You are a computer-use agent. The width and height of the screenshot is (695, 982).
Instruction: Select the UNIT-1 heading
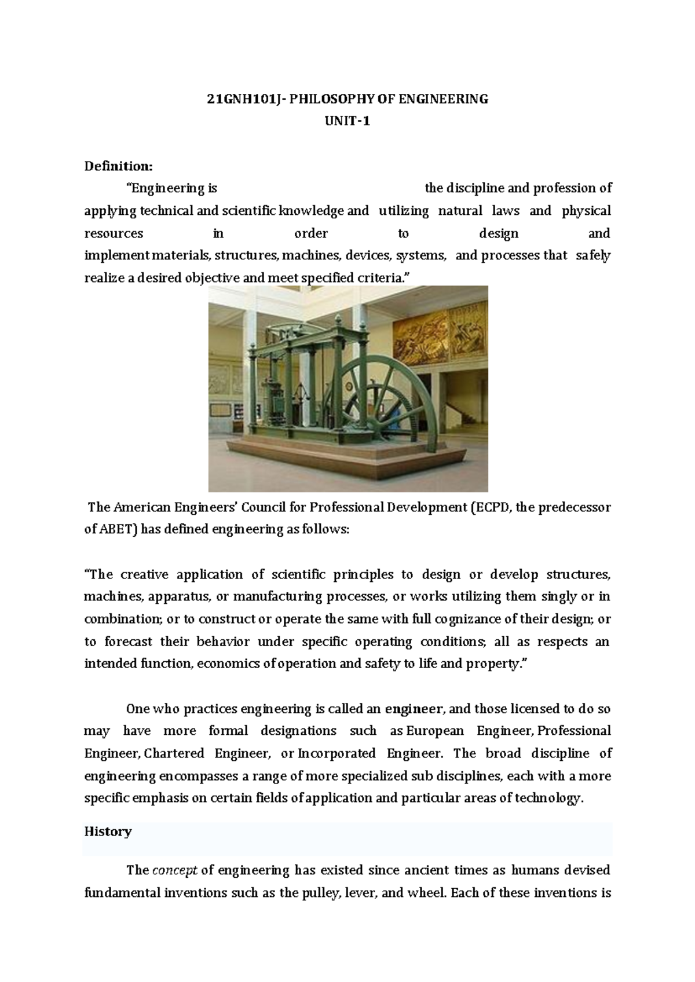pos(348,122)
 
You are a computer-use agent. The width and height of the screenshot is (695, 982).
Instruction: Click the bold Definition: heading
pos(119,166)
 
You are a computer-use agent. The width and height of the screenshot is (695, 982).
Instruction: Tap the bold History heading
pos(108,831)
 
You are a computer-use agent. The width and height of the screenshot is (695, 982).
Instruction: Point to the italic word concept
pos(175,870)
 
